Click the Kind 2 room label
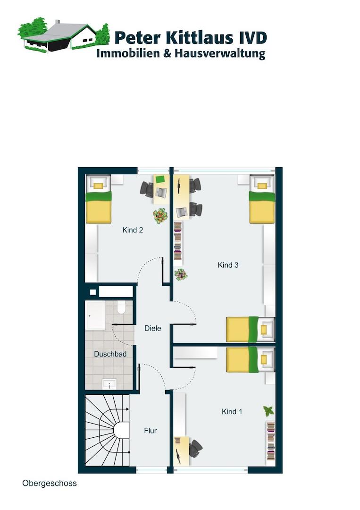tap(133, 230)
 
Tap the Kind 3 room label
tap(228, 265)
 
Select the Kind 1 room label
tap(232, 411)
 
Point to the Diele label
tap(153, 328)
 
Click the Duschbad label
tap(110, 354)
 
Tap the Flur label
tap(151, 431)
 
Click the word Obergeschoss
tap(50, 484)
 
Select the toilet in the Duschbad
tap(121, 307)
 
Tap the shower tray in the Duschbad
tap(95, 315)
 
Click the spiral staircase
tap(107, 430)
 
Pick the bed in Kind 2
tap(99, 199)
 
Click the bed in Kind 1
tap(251, 360)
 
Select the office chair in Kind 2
tap(147, 189)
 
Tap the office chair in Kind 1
tap(195, 449)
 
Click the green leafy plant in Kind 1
tap(268, 411)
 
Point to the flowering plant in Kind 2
tap(160, 216)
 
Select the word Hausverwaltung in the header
tap(220, 54)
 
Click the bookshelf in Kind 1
tap(271, 441)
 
